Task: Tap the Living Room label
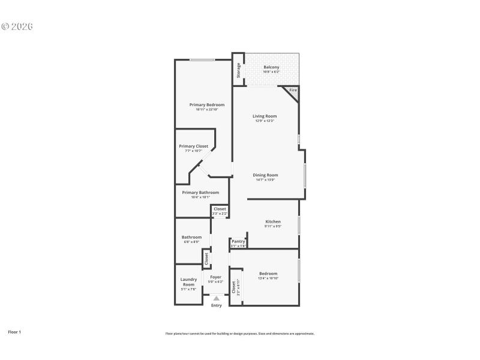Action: pyautogui.click(x=264, y=116)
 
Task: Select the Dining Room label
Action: pyautogui.click(x=265, y=175)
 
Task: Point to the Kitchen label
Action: pyautogui.click(x=273, y=221)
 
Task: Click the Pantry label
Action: pyautogui.click(x=239, y=241)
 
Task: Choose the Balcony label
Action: pyautogui.click(x=271, y=67)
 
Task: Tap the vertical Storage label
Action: pyautogui.click(x=238, y=70)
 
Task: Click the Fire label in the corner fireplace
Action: pyautogui.click(x=293, y=90)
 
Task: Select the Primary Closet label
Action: pyautogui.click(x=193, y=146)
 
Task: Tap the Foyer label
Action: pyautogui.click(x=215, y=277)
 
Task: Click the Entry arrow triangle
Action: pyautogui.click(x=216, y=298)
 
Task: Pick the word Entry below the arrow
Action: pyautogui.click(x=216, y=305)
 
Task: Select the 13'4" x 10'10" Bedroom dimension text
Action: pyautogui.click(x=268, y=278)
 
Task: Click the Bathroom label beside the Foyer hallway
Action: pyautogui.click(x=191, y=237)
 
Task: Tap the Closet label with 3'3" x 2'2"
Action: pyautogui.click(x=220, y=209)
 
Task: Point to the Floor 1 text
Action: pyautogui.click(x=14, y=331)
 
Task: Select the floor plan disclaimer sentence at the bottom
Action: pyautogui.click(x=240, y=334)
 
